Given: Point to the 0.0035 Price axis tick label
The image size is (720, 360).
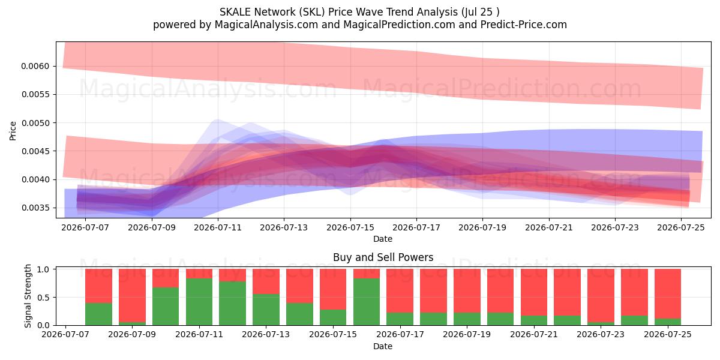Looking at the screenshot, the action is [35, 208].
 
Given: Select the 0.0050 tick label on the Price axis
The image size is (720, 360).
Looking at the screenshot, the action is [35, 123].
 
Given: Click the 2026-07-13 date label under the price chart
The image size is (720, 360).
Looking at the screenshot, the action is [284, 227].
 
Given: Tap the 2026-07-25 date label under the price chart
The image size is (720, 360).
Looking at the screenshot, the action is [681, 227].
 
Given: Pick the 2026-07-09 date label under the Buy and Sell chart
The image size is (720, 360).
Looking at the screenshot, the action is [132, 334].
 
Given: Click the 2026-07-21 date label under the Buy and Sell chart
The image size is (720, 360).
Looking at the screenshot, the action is [534, 334].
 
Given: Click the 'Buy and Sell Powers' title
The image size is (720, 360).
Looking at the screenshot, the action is [383, 257].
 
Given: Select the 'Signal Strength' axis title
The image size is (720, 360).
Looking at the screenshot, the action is [28, 296].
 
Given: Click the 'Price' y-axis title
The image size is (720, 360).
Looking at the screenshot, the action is [13, 131].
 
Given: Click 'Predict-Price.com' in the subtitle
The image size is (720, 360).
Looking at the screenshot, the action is [524, 25].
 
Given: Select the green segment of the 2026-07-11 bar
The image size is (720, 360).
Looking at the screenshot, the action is [199, 302].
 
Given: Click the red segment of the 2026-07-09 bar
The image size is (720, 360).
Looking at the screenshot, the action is [132, 296].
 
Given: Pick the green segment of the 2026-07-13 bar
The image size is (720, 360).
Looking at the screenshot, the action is [266, 310].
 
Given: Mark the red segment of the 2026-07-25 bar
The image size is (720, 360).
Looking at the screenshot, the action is [668, 294].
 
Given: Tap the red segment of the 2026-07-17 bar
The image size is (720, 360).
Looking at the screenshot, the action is [400, 291].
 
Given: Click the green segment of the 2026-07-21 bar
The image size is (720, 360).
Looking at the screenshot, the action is [534, 320].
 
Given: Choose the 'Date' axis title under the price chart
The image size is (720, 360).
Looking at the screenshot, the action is [383, 239].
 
